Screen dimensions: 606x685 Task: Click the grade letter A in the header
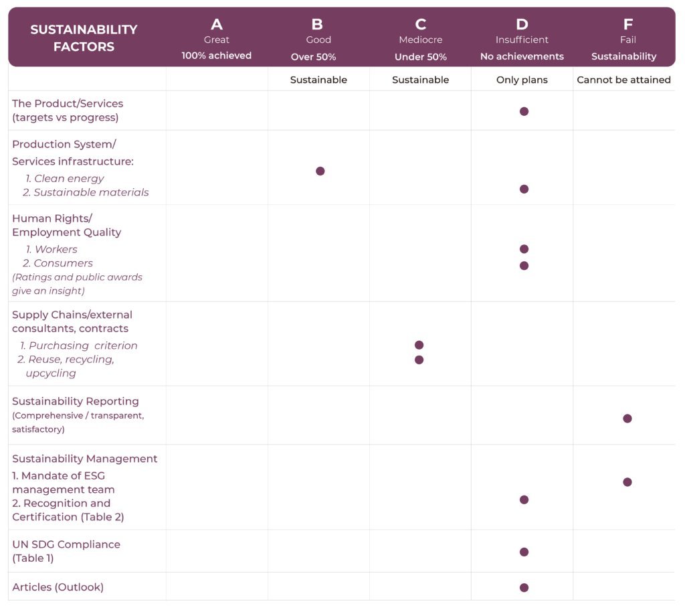[x=217, y=25]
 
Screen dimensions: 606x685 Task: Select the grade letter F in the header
[x=627, y=25]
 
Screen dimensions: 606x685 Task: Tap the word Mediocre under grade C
[x=420, y=40]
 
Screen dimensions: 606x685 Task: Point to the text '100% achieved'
[x=217, y=56]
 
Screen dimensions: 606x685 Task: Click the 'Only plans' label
[x=522, y=80]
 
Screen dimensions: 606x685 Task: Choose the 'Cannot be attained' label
[x=623, y=80]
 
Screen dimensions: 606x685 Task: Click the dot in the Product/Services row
[x=524, y=111]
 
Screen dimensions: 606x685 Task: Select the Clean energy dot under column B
[x=320, y=171]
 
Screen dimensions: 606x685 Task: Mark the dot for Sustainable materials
[x=524, y=189]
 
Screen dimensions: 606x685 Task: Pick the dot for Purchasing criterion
[x=419, y=345]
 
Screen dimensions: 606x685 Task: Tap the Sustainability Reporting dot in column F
[x=627, y=419]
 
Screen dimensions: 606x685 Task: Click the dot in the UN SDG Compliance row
[x=524, y=552]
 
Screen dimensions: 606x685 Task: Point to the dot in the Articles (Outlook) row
[x=524, y=587]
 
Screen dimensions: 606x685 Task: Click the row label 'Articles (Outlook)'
[x=58, y=587]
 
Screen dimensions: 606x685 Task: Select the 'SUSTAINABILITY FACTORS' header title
[x=84, y=38]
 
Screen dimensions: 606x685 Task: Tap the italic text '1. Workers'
[x=52, y=249]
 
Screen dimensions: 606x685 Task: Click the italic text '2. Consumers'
[x=58, y=263]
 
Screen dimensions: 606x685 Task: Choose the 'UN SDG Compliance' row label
[x=66, y=544]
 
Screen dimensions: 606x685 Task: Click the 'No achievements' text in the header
[x=522, y=56]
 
